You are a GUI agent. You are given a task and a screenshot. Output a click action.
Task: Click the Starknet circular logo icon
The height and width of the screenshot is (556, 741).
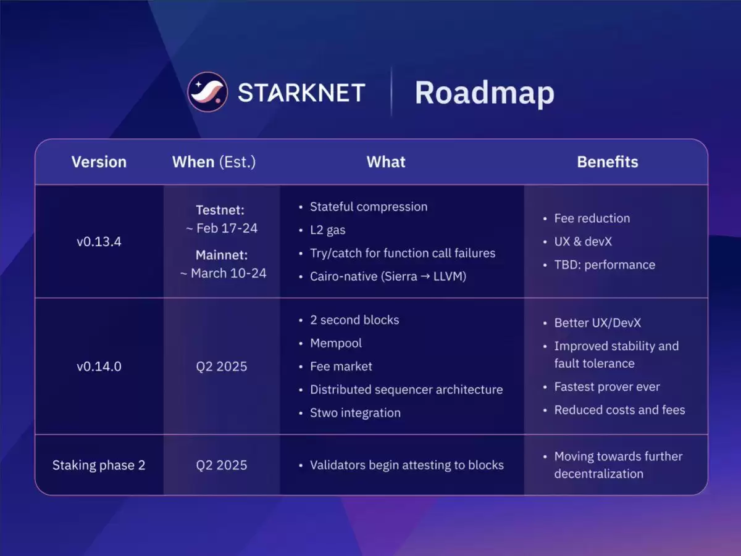click(207, 92)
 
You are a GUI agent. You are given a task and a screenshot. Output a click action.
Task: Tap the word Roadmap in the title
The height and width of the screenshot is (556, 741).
click(485, 93)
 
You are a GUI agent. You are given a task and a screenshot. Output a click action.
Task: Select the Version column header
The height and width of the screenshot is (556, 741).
click(99, 162)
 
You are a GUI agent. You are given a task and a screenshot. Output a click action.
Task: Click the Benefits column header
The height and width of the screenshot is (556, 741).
click(608, 162)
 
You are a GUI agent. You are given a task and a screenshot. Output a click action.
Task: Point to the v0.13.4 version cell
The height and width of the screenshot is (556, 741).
click(99, 241)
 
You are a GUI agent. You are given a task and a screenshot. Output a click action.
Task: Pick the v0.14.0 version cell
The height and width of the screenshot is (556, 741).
click(99, 367)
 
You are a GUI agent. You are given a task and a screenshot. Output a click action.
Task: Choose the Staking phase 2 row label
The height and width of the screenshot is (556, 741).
click(99, 465)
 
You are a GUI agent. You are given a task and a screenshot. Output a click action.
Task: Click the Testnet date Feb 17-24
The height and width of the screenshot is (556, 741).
click(222, 228)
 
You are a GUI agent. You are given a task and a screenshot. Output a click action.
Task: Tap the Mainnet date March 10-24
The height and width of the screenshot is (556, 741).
click(223, 273)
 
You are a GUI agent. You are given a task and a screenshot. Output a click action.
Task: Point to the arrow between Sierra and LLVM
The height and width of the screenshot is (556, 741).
click(425, 276)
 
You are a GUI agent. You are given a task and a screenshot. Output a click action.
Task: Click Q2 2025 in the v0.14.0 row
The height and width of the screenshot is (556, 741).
click(222, 367)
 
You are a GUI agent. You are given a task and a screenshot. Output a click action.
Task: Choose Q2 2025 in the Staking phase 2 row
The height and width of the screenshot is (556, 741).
click(222, 465)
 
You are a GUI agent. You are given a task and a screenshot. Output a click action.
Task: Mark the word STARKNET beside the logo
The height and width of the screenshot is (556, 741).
click(301, 93)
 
